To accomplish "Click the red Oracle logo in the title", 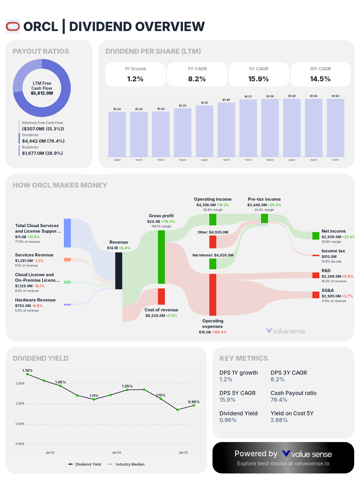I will click(x=13, y=27).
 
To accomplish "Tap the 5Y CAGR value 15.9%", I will click(x=258, y=79).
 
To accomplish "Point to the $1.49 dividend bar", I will click(x=226, y=129).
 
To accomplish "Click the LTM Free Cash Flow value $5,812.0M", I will click(x=42, y=93).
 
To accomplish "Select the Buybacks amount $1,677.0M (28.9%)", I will click(x=42, y=153).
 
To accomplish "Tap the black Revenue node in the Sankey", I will click(x=118, y=270).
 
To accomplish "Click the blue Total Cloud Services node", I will click(x=67, y=233).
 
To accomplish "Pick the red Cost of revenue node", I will click(x=161, y=296).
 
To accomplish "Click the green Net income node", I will click(x=316, y=236).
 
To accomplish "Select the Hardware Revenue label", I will click(x=35, y=300).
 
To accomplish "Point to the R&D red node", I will click(x=316, y=276).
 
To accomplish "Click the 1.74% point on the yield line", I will click(x=27, y=375).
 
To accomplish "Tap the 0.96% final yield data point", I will click(x=194, y=406).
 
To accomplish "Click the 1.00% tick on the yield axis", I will click(x=20, y=404).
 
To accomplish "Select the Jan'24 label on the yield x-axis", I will click(x=116, y=453).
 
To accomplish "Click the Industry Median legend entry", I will click(x=126, y=464).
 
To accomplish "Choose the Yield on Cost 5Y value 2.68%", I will click(x=279, y=420).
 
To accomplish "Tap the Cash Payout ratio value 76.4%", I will click(x=279, y=400).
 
